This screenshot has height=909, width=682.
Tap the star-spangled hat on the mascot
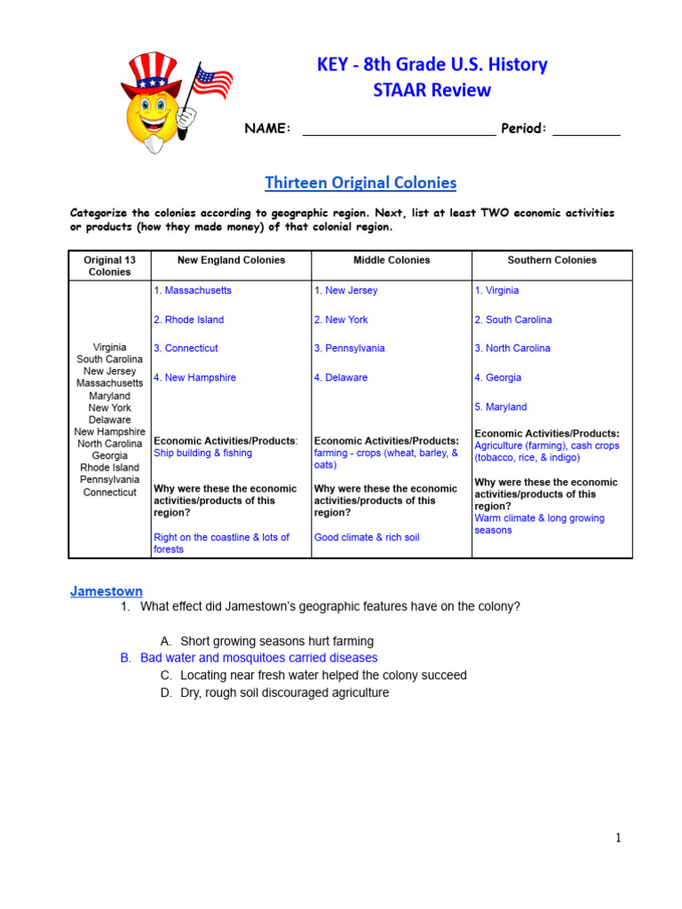click(x=151, y=73)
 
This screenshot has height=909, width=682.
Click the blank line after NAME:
click(x=399, y=130)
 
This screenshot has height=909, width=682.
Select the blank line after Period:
click(x=586, y=130)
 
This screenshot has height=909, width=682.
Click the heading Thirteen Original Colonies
click(x=361, y=183)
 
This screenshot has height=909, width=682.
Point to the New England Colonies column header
click(x=231, y=260)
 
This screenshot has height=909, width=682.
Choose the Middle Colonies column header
click(x=391, y=260)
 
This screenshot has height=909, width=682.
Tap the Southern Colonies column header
click(x=551, y=260)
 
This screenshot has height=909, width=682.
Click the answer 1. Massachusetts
click(x=193, y=290)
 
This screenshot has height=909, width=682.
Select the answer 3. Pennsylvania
click(x=350, y=348)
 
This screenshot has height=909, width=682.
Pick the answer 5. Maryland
click(x=501, y=407)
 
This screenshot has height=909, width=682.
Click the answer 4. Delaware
click(x=341, y=377)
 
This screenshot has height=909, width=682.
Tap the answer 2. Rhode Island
click(x=188, y=320)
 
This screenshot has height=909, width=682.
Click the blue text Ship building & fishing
click(x=202, y=453)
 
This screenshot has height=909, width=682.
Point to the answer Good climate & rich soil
click(x=367, y=537)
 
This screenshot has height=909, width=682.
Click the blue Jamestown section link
click(x=107, y=591)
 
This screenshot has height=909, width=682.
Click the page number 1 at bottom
click(x=618, y=838)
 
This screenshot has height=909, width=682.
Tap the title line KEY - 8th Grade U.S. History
click(x=432, y=65)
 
